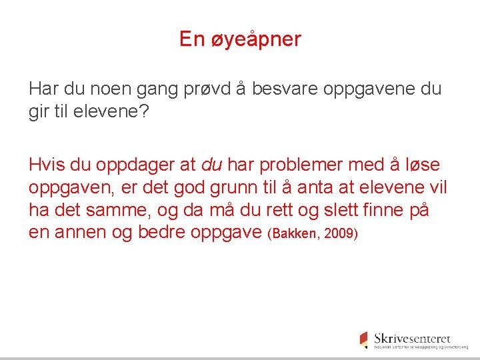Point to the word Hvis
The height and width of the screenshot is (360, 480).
point(45,164)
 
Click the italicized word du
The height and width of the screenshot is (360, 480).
point(211,164)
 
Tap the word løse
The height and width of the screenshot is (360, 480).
point(423,164)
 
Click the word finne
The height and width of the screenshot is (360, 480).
point(389,209)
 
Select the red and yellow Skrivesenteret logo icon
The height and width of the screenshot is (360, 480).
point(363,339)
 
